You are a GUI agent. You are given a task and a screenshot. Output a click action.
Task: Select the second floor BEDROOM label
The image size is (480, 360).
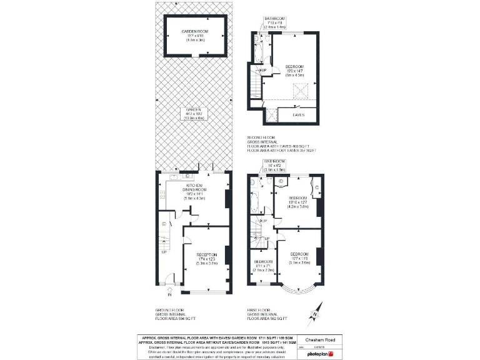(x=294, y=69)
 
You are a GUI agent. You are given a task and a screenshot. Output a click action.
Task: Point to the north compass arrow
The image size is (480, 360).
(x=315, y=311)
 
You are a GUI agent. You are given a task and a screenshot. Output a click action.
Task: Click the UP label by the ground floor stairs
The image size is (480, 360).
(x=164, y=252)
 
